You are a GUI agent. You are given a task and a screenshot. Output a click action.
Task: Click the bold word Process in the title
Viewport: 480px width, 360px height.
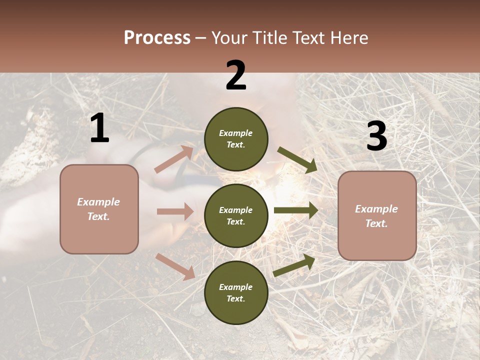(157, 38)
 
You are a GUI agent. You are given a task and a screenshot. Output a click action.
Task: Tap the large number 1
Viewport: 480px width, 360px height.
(99, 128)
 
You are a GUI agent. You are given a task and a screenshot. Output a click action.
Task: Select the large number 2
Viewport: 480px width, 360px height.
(236, 75)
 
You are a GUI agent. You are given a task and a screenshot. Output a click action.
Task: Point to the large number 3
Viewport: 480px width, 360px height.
(376, 136)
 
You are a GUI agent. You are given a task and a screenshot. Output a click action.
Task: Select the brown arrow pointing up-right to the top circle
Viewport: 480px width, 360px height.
(174, 159)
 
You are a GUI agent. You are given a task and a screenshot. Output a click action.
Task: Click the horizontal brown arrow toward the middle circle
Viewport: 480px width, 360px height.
(175, 211)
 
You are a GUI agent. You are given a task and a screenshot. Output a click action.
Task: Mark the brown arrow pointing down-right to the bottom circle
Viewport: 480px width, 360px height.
(175, 266)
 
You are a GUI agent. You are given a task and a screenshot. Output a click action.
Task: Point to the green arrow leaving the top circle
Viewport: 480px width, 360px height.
(297, 160)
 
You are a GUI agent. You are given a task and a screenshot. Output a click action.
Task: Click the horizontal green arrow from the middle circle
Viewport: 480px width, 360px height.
(296, 210)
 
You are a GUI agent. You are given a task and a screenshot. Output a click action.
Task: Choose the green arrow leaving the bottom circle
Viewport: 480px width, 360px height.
(294, 265)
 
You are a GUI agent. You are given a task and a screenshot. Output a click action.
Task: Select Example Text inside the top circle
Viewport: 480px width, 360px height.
(236, 139)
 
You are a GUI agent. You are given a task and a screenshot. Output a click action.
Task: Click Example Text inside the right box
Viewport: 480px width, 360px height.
(377, 216)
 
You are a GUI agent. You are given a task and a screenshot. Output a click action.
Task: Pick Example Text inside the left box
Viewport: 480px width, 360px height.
(99, 209)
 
